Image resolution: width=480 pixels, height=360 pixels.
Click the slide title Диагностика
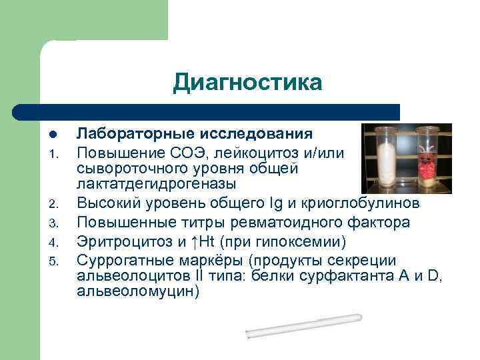click(247, 83)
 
